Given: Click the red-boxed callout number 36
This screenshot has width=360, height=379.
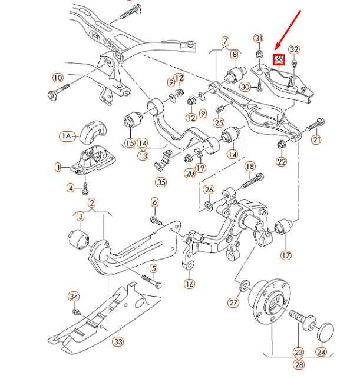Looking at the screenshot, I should tap(279, 59).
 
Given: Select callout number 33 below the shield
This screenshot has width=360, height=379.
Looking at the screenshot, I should tap(118, 341).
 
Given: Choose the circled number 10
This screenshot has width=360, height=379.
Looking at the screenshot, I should tap(58, 78).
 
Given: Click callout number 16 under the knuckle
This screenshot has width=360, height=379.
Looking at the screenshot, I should tap(189, 284).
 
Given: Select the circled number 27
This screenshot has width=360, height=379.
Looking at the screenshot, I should tap(234, 303).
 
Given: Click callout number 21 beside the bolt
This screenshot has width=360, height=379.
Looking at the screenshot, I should tap(316, 139).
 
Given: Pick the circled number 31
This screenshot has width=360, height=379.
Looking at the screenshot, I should tap(258, 38).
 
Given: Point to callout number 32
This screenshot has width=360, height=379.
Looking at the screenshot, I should tap(294, 50).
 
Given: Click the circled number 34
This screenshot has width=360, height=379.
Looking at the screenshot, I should tap(74, 296).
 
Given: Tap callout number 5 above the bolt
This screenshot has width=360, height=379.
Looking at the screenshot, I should tap(154, 269).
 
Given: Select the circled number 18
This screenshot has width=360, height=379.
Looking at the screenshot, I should tap(250, 167).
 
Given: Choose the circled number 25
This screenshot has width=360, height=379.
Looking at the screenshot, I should tap(219, 122).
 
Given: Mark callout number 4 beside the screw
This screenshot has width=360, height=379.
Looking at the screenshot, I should tap(71, 188).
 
